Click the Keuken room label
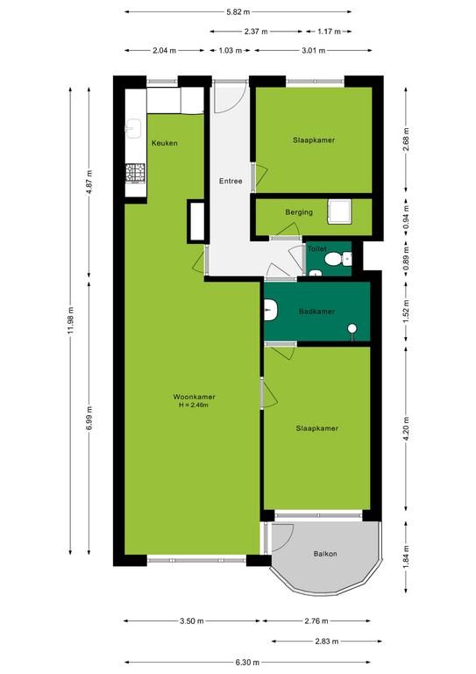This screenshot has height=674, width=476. pyautogui.click(x=165, y=143)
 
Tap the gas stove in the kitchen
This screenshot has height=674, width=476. pyautogui.click(x=135, y=173)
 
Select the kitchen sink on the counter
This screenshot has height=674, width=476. pyautogui.click(x=133, y=128)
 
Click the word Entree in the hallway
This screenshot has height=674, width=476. pyautogui.click(x=231, y=181)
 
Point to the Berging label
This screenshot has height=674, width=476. pyautogui.click(x=299, y=212)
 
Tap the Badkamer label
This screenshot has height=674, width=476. pyautogui.click(x=316, y=312)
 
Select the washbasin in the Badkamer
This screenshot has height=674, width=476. pyautogui.click(x=271, y=311)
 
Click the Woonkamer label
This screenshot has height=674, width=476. pyautogui.click(x=194, y=397)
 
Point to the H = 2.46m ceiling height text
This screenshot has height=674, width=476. pyautogui.click(x=194, y=405)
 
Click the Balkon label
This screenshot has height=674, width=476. pyautogui.click(x=325, y=554)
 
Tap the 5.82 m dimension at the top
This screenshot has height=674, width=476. pyautogui.click(x=238, y=12)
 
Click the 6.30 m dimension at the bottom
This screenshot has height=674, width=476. pyautogui.click(x=248, y=662)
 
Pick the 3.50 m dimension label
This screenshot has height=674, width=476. pyautogui.click(x=192, y=620)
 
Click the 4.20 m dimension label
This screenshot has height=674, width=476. pyautogui.click(x=406, y=428)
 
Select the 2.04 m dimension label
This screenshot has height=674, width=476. pyautogui.click(x=165, y=50)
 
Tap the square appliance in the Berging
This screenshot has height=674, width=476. pyautogui.click(x=339, y=212)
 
